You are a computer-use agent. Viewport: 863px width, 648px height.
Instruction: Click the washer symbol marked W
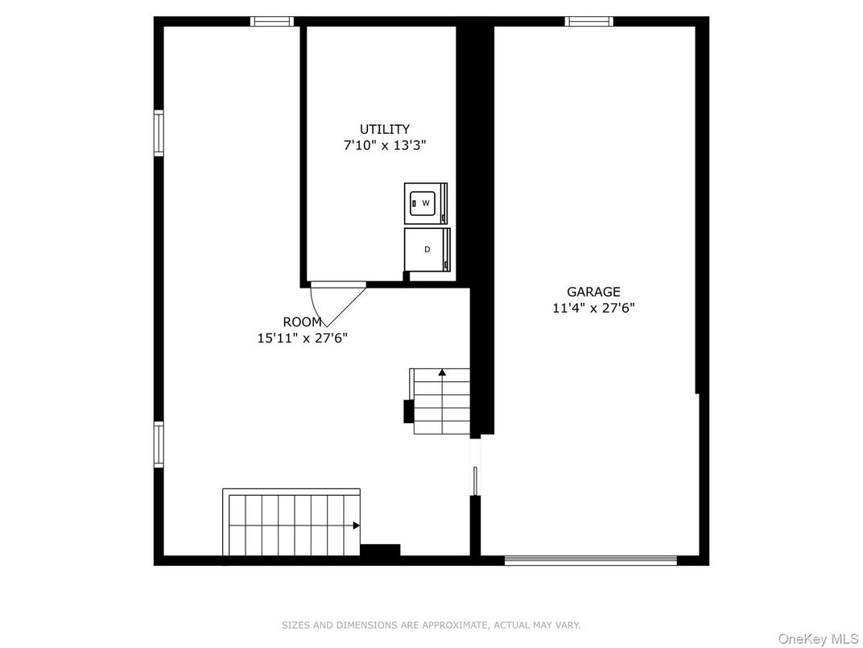tap(424, 203)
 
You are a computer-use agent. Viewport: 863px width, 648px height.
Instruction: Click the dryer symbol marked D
tap(426, 249)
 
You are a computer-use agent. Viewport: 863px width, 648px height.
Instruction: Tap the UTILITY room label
tap(384, 129)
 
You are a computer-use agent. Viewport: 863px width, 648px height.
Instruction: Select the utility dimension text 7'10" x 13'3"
tap(384, 145)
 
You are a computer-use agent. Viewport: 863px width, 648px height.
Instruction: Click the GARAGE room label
tap(593, 292)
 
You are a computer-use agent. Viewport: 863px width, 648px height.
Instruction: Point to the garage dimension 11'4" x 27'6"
tap(593, 307)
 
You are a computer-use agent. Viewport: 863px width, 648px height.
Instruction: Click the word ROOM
tap(302, 322)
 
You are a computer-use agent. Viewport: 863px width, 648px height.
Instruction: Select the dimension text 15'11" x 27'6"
tap(302, 338)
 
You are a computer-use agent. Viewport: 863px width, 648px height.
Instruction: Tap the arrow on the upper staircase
tap(441, 372)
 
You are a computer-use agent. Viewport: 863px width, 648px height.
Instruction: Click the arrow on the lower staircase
tap(355, 525)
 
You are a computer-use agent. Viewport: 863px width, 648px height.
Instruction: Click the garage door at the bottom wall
tap(590, 560)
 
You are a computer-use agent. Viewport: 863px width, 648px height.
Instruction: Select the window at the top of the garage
tap(588, 22)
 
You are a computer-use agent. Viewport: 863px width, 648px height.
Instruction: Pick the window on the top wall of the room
tap(272, 22)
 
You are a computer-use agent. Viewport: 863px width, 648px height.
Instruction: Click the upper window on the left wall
tap(159, 133)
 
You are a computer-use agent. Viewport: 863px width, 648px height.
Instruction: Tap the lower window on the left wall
tap(159, 444)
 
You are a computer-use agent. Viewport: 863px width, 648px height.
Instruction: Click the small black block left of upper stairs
tap(408, 411)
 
